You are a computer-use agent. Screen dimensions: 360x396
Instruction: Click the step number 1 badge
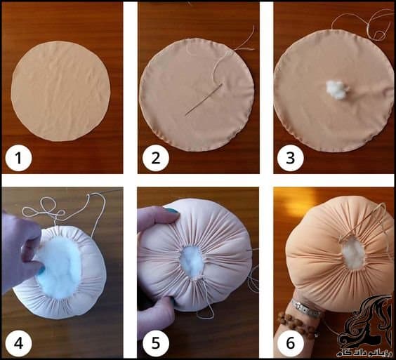click(18, 159)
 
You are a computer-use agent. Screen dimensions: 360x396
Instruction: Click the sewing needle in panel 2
click(204, 100)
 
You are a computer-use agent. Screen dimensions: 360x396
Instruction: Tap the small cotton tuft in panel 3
click(337, 89)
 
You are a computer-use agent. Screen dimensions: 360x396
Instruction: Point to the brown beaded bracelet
click(295, 324)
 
